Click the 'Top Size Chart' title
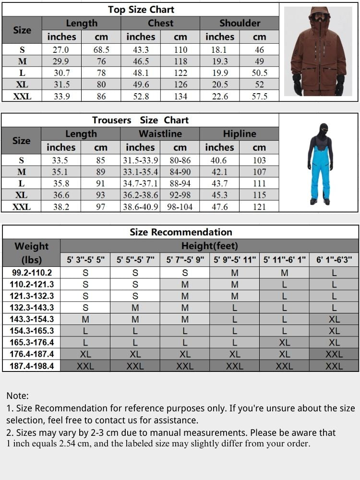pyautogui.click(x=141, y=10)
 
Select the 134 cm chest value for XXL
pyautogui.click(x=180, y=96)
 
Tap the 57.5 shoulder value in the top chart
pyautogui.click(x=259, y=96)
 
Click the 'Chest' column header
pyautogui.click(x=160, y=23)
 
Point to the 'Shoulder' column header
pyautogui.click(x=240, y=23)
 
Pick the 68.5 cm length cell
pyautogui.click(x=101, y=50)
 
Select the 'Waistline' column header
pyautogui.click(x=160, y=134)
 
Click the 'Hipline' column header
pyautogui.click(x=240, y=134)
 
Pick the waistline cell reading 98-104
pyautogui.click(x=180, y=207)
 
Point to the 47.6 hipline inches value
pyautogui.click(x=219, y=207)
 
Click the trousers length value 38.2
pyautogui.click(x=61, y=207)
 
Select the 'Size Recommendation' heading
pyautogui.click(x=180, y=232)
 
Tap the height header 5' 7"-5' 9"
pyautogui.click(x=185, y=260)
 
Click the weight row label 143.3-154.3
pyautogui.click(x=32, y=319)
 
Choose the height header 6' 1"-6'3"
pyautogui.click(x=334, y=260)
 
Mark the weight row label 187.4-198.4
pyautogui.click(x=32, y=366)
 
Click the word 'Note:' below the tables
pyautogui.click(x=17, y=396)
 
